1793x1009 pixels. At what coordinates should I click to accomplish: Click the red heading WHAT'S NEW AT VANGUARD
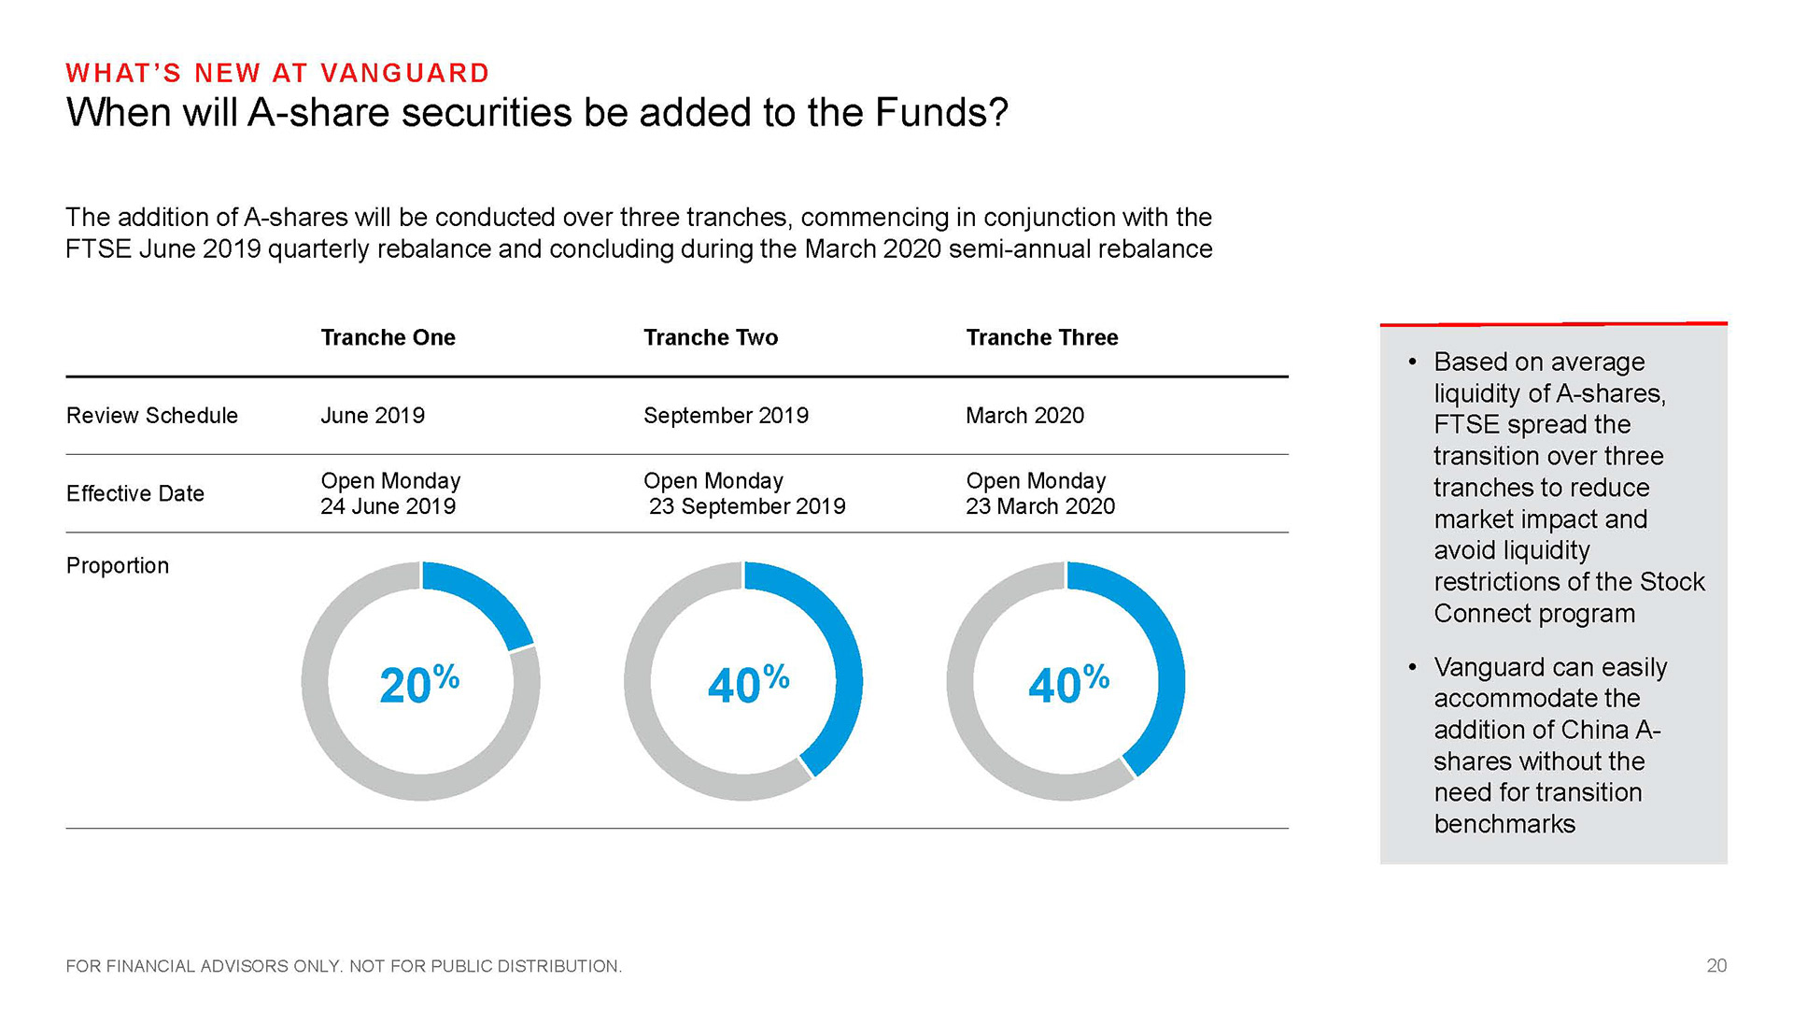point(277,73)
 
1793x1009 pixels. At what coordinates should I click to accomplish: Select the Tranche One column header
point(388,337)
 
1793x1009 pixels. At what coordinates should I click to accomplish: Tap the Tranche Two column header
point(711,337)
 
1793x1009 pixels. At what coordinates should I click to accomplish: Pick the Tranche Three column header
point(1042,337)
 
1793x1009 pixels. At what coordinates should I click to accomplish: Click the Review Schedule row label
point(152,416)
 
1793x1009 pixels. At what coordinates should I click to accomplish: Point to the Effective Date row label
point(135,493)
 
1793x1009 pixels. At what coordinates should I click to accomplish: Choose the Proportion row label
point(118,566)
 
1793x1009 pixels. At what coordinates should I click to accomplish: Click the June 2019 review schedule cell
point(373,416)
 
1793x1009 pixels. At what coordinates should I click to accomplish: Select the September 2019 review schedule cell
point(726,416)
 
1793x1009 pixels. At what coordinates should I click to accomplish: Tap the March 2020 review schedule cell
point(1024,416)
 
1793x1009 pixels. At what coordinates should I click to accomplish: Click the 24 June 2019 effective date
point(388,506)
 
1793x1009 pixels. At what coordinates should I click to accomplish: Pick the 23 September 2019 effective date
point(747,506)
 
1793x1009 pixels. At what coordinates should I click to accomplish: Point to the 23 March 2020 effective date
point(1040,506)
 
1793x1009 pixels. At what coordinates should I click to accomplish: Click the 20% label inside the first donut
point(419,683)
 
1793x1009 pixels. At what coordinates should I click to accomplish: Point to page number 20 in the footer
point(1716,966)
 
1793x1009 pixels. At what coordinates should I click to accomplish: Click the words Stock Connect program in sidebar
point(1569,598)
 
